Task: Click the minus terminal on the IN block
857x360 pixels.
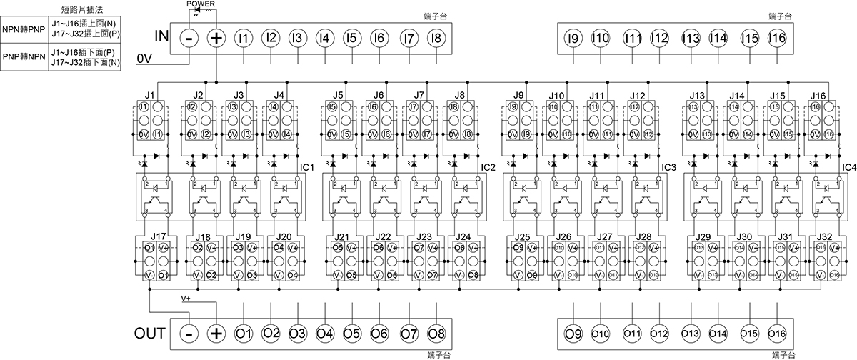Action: click(188, 37)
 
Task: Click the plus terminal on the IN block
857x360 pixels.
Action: click(216, 37)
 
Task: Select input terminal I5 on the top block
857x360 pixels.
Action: click(351, 37)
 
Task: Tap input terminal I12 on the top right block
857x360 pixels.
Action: click(659, 37)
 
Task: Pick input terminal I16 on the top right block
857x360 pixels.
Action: click(777, 37)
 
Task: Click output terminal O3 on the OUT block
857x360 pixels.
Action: click(298, 333)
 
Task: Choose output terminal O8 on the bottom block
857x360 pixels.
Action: click(436, 333)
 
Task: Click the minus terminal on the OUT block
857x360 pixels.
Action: click(188, 333)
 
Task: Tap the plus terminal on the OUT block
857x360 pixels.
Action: click(216, 333)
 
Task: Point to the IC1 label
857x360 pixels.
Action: click(308, 167)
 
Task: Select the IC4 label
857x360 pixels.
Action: click(848, 167)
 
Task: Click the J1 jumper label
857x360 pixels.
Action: click(149, 94)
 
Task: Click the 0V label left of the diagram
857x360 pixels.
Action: click(144, 57)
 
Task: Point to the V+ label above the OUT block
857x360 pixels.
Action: click(186, 296)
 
